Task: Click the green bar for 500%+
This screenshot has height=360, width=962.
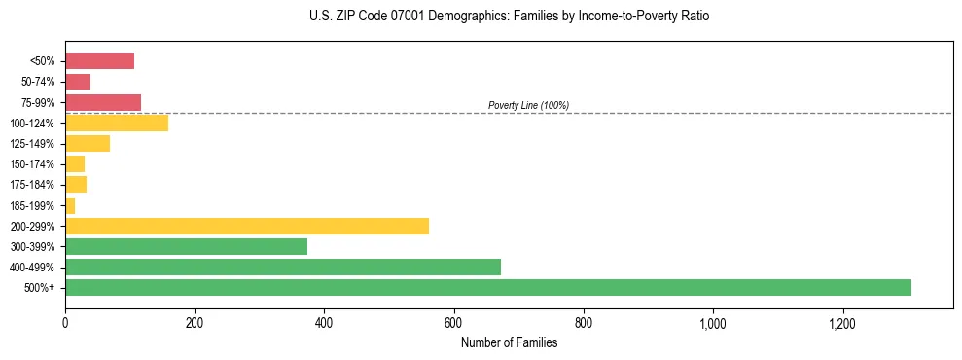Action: tap(487, 287)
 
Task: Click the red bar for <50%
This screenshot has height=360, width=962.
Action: tap(99, 61)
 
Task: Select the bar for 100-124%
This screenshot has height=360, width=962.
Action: tap(116, 123)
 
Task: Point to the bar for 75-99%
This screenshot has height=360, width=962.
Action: tap(102, 102)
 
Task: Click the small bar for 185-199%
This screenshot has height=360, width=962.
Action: tap(70, 205)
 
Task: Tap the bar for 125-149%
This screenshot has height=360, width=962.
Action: tap(87, 143)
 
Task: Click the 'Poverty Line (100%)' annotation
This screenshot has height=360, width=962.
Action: tap(528, 105)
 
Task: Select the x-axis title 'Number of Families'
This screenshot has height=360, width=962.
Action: tap(509, 342)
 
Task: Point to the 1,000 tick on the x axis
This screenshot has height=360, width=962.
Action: tap(713, 322)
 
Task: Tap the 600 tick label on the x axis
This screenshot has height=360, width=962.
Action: tap(454, 322)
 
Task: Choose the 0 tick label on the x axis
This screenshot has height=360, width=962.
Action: tap(65, 322)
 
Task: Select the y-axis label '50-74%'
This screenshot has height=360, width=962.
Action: tap(38, 83)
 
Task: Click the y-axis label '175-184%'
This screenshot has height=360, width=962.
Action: tap(35, 185)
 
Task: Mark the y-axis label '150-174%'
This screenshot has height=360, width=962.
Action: tap(35, 164)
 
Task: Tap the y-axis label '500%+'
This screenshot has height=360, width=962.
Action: tap(41, 288)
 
